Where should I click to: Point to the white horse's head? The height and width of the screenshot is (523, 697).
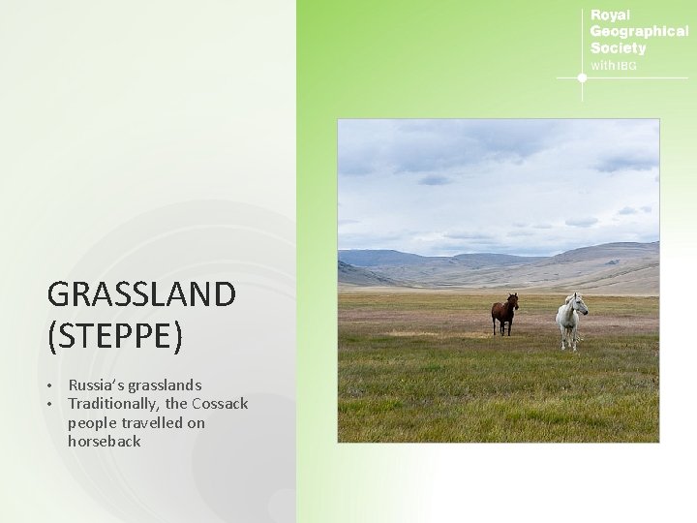[x=580, y=303]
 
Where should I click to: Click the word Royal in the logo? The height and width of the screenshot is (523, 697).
[x=610, y=15]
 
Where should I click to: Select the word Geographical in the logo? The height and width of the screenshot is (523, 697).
[x=639, y=32]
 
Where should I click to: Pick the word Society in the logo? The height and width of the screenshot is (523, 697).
[x=618, y=48]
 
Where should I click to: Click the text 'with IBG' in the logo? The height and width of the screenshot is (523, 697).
[x=614, y=66]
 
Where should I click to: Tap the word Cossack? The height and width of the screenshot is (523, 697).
[x=220, y=404]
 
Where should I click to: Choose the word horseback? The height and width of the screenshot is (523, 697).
[x=105, y=442]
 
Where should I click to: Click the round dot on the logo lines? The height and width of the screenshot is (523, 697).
[x=582, y=77]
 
